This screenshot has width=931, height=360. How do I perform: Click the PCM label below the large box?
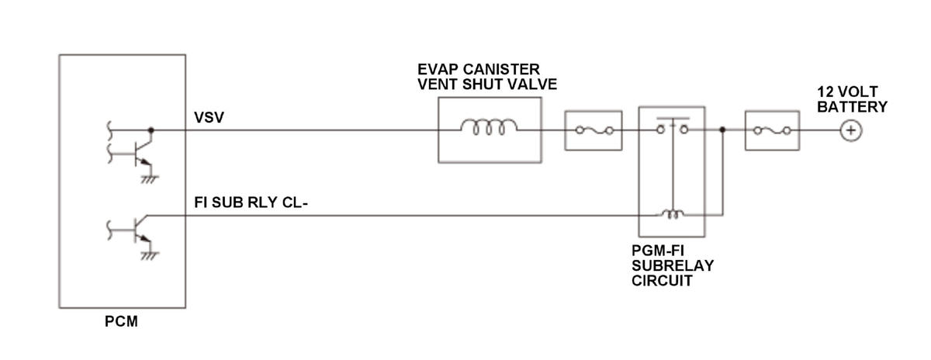pos(121,321)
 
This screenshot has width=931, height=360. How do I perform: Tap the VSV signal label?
pos(209,117)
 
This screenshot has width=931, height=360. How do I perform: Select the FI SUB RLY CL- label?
pos(251,202)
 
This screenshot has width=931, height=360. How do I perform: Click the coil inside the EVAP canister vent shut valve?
pos(490,127)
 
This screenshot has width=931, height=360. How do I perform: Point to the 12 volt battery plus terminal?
pos(851,130)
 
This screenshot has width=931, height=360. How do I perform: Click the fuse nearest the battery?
pos(772,131)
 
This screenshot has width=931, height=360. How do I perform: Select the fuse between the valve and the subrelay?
pos(594,131)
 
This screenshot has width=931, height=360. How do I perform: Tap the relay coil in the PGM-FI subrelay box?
pos(673,213)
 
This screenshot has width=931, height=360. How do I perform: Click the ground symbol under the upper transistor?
pos(150,179)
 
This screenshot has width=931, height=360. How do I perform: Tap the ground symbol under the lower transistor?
pos(150,256)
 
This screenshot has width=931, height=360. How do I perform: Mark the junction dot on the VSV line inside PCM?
pos(151,130)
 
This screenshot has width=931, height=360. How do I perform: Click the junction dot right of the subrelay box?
pos(722,130)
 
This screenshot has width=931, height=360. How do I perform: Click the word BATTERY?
pos(852,107)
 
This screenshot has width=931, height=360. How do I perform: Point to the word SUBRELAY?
pos(673,265)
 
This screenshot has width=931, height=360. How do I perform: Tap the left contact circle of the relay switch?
pos(661,130)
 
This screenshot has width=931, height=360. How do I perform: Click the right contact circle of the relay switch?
pos(684,130)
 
